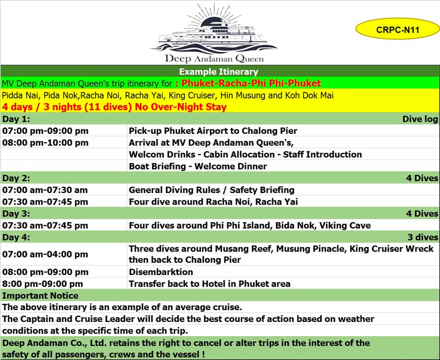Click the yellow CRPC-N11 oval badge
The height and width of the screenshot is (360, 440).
397,29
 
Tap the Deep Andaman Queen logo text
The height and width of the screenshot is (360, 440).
214,59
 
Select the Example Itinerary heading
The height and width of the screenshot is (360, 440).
219,72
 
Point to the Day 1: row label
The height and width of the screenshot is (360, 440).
16,119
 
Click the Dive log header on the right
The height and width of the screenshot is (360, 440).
420,119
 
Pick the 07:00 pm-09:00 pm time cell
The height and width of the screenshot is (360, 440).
45,131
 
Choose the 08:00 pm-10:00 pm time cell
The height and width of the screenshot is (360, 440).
45,143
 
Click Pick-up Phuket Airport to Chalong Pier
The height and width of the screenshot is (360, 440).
213,131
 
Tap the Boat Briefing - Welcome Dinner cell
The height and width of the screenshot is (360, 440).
198,166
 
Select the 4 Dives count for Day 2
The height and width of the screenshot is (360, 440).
422,178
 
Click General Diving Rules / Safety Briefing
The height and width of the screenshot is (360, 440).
211,190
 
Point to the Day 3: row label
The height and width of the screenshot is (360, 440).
16,213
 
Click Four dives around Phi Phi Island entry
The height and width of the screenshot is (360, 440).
249,225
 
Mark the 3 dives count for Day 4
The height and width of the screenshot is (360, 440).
423,237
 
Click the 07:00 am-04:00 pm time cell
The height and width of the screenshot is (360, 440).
45,254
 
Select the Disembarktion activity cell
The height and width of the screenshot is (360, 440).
161,272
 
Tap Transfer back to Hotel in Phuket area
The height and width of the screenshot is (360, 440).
209,284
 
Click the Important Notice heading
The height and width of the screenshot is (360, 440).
40,296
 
